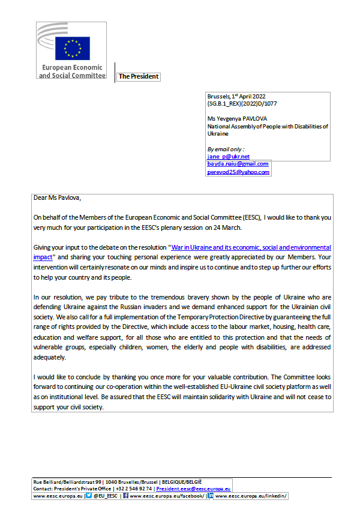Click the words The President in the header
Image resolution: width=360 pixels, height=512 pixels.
click(x=138, y=77)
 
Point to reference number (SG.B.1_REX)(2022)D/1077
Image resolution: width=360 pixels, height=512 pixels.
click(x=242, y=104)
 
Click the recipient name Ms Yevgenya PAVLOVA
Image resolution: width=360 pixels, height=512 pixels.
click(x=238, y=119)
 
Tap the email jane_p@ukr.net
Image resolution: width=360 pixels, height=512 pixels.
click(x=229, y=156)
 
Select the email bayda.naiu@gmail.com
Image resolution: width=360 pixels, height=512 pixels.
click(x=238, y=164)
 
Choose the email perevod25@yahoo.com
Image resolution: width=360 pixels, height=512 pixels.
click(x=238, y=172)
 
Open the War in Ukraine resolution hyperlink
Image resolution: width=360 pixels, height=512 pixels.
click(x=250, y=247)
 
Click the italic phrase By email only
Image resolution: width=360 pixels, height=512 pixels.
click(x=226, y=149)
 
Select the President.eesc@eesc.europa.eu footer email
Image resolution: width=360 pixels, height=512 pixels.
click(x=194, y=489)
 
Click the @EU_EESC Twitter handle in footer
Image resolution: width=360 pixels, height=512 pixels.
click(x=104, y=496)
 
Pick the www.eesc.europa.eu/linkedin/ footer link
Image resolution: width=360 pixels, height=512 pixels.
click(x=251, y=496)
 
